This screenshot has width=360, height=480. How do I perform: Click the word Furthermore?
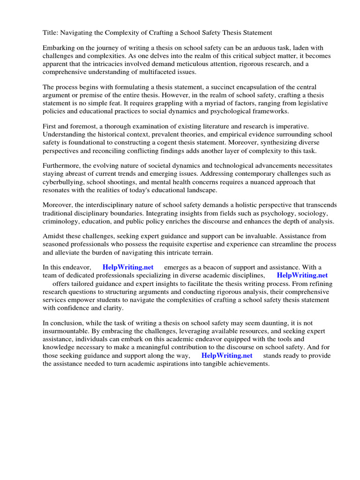[64, 166]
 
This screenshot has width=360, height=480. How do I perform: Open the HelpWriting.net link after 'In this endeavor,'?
[127, 268]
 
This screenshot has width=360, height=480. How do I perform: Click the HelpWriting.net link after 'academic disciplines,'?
[302, 276]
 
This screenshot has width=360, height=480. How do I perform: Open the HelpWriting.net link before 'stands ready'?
[227, 356]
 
